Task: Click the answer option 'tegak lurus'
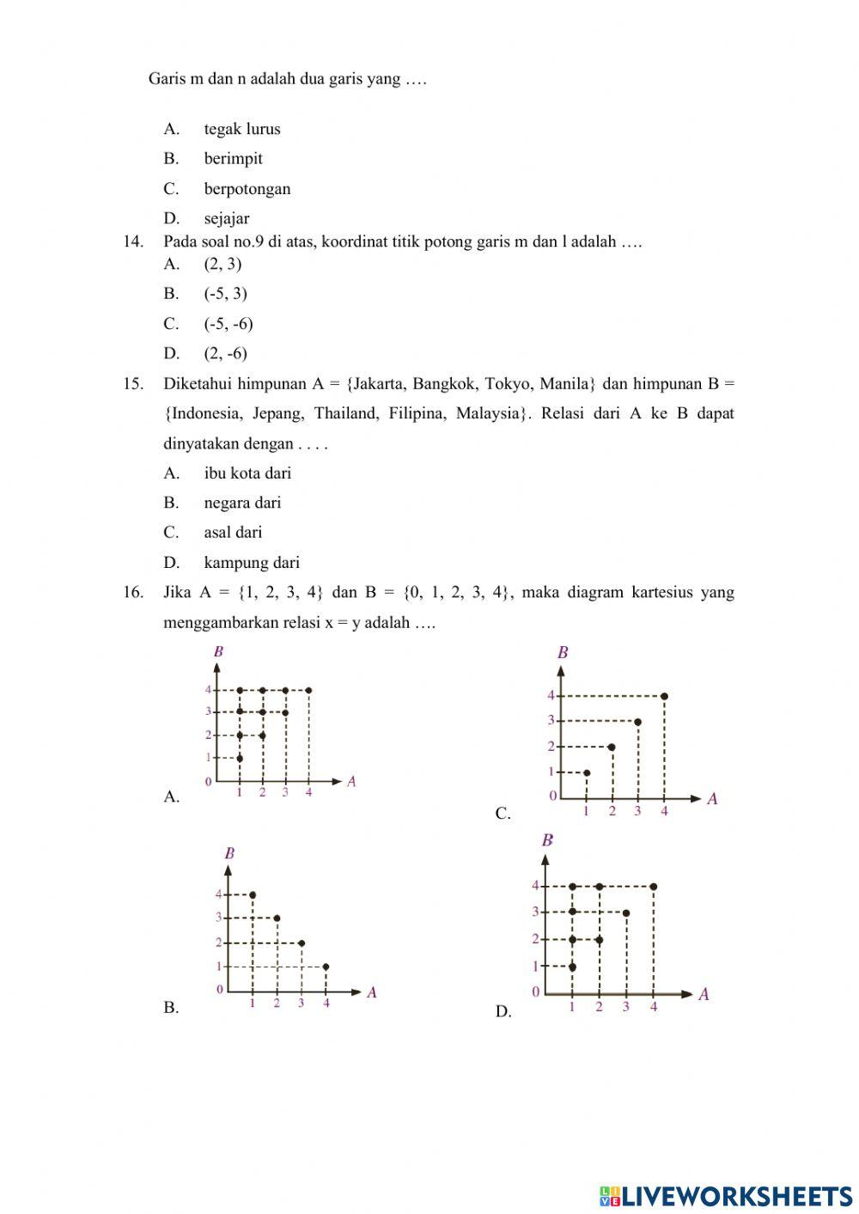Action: tap(241, 129)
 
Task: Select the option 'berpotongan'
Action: tap(247, 188)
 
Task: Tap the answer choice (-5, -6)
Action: tap(228, 323)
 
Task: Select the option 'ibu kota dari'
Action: tap(247, 473)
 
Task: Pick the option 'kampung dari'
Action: tap(251, 563)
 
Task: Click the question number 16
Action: tap(132, 592)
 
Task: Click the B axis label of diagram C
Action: tap(563, 653)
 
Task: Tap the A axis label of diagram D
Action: tap(704, 994)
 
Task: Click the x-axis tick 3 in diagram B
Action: tap(301, 1004)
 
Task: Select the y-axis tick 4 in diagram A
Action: tap(208, 689)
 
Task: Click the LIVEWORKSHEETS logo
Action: tap(725, 1195)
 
